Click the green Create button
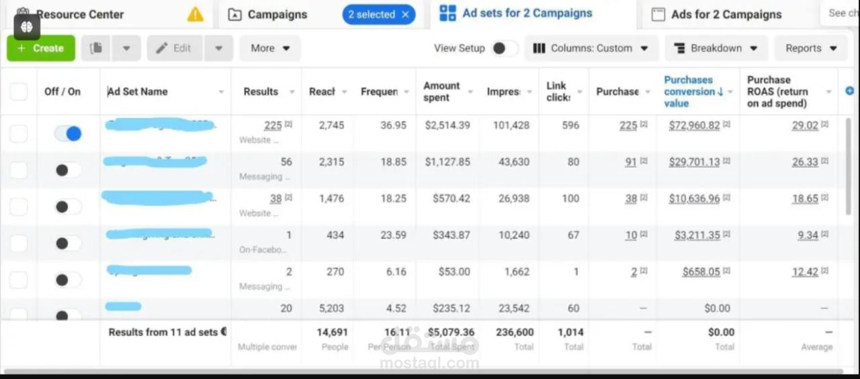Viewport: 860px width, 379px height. coord(40,48)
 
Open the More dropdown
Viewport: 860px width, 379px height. coord(270,48)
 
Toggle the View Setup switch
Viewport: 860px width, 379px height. coord(505,48)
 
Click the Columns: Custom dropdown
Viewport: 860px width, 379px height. coord(591,48)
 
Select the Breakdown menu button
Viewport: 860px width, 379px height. coord(716,48)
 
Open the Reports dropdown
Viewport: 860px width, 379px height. coord(811,48)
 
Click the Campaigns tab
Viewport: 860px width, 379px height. coord(277,14)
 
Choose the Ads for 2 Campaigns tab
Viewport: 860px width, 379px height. coord(726,14)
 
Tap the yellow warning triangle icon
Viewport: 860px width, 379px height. coord(195,14)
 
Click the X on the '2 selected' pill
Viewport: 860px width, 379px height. coord(405,14)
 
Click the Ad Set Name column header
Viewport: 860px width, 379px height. coord(138,91)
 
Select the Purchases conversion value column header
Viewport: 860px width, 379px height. coord(689,91)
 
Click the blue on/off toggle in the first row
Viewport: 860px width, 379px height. coord(68,133)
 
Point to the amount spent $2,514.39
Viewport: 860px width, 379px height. coord(447,125)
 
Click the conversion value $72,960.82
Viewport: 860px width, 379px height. coord(694,125)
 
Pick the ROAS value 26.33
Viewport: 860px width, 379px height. coord(805,162)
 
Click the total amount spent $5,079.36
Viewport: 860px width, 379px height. coord(451,332)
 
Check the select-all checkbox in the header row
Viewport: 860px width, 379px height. coord(19,91)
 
